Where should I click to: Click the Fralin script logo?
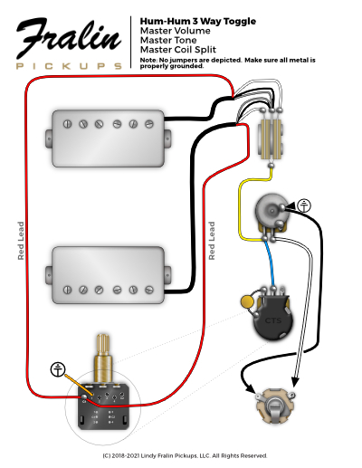[x=69, y=38]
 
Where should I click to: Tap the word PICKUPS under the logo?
[x=69, y=66]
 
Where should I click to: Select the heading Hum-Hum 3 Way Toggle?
[x=198, y=22]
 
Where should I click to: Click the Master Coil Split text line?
[x=178, y=50]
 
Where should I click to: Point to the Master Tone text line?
[x=168, y=40]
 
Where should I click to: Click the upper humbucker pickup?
[x=109, y=138]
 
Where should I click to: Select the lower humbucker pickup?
[x=109, y=275]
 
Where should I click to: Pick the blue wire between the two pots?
[x=270, y=263]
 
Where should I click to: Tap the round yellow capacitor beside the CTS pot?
[x=247, y=301]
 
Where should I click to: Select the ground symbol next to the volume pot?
[x=304, y=205]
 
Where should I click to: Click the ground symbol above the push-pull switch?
[x=58, y=369]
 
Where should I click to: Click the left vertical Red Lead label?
[x=21, y=241]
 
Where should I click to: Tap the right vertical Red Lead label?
[x=212, y=241]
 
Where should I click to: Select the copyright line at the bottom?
[x=185, y=455]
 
